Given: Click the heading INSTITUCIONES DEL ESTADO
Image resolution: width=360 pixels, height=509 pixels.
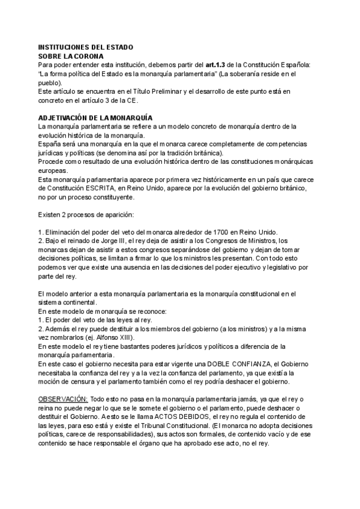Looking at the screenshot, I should (85, 47).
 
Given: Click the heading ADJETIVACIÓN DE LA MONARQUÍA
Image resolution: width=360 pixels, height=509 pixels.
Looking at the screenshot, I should (95, 118).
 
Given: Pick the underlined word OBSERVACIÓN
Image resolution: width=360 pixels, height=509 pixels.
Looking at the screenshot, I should (62, 399).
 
